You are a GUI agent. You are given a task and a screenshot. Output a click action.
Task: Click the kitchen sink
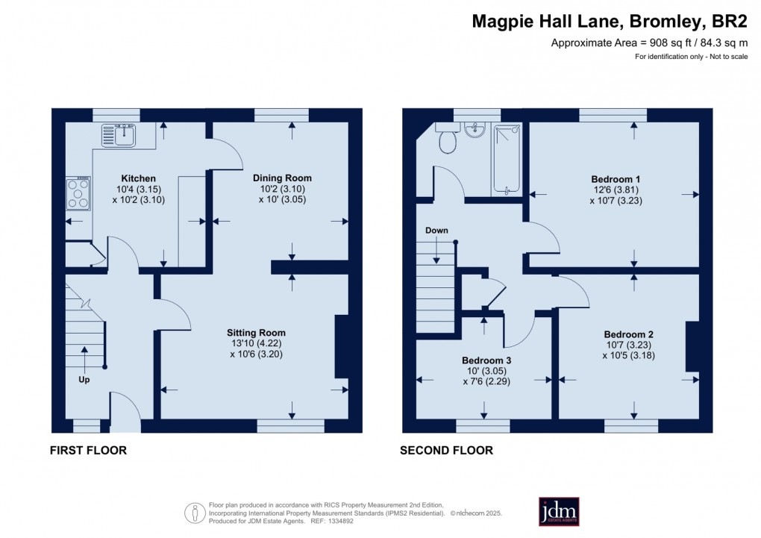[119, 136]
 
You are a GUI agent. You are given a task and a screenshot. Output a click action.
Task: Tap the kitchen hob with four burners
[78, 193]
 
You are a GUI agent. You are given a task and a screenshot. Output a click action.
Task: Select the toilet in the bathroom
[448, 141]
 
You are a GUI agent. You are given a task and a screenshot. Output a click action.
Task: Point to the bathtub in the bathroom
[507, 159]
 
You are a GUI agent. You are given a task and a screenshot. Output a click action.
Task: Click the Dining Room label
[282, 178]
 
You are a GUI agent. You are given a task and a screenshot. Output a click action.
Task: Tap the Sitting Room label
[257, 333]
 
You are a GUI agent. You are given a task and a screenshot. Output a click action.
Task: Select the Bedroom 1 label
[616, 179]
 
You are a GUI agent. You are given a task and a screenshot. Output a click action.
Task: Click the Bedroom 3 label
[486, 360]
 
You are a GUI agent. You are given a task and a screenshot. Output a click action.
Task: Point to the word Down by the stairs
[436, 231]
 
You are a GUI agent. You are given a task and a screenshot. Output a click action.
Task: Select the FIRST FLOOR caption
[88, 451]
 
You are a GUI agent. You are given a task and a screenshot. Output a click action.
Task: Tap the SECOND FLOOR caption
[446, 451]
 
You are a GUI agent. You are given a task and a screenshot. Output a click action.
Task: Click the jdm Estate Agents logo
[559, 511]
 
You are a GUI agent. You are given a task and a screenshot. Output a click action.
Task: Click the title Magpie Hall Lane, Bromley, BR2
[609, 22]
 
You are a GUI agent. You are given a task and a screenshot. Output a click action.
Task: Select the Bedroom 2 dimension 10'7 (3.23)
[629, 345]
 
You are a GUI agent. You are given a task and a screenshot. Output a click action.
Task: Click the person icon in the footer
[195, 513]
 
